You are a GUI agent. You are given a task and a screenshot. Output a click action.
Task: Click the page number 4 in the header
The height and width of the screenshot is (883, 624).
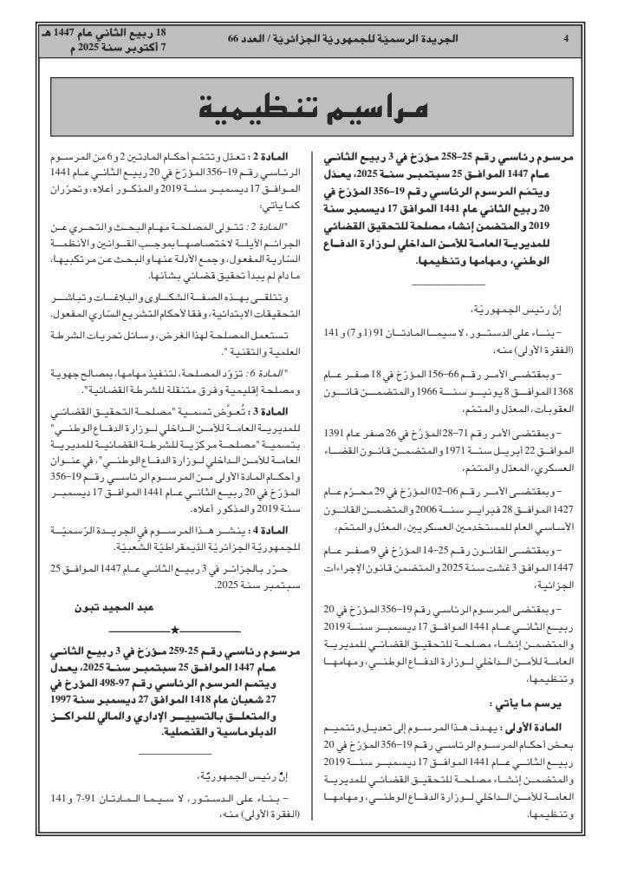pos(565,39)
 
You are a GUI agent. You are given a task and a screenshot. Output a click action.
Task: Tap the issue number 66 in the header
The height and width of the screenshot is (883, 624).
pos(238,39)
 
